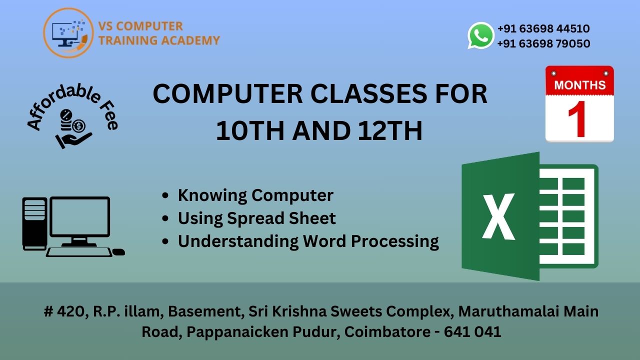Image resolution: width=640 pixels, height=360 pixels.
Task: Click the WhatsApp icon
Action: (x=481, y=35)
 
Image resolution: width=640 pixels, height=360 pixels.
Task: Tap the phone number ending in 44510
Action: (x=543, y=28)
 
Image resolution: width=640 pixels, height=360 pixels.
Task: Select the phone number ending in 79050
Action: (x=543, y=43)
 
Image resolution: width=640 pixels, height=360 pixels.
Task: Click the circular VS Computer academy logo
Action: (x=68, y=33)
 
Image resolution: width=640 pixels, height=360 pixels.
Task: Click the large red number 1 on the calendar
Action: (x=578, y=119)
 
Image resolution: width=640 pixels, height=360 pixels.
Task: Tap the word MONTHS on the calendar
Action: (x=579, y=85)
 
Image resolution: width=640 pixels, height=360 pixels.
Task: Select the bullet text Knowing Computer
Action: (x=255, y=195)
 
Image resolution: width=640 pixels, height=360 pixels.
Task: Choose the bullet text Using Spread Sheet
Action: (x=256, y=218)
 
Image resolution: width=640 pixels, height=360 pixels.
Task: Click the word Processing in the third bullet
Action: (x=394, y=241)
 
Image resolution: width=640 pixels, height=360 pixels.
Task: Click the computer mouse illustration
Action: (x=119, y=251)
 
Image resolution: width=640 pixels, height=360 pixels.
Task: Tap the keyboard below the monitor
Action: (x=79, y=251)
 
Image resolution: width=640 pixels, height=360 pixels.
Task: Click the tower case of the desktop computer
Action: (x=34, y=223)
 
